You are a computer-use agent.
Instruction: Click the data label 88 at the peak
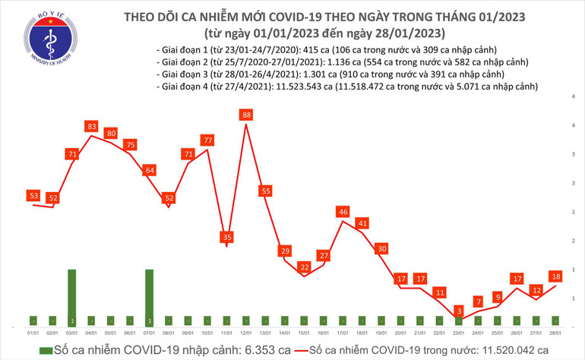click(246, 115)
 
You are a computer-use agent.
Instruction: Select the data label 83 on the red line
click(91, 125)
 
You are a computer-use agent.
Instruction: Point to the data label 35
click(226, 237)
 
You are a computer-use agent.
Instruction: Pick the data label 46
click(343, 211)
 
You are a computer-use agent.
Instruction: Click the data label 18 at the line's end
click(557, 276)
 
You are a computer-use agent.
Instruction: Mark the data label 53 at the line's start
click(33, 196)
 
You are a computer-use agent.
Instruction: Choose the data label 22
click(304, 267)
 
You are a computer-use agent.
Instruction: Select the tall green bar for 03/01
click(72, 297)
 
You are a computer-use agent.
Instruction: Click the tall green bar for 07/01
click(150, 297)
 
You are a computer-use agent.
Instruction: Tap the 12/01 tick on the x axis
click(246, 332)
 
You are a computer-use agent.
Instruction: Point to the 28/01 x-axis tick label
click(557, 332)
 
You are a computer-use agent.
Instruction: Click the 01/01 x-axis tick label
click(33, 332)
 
